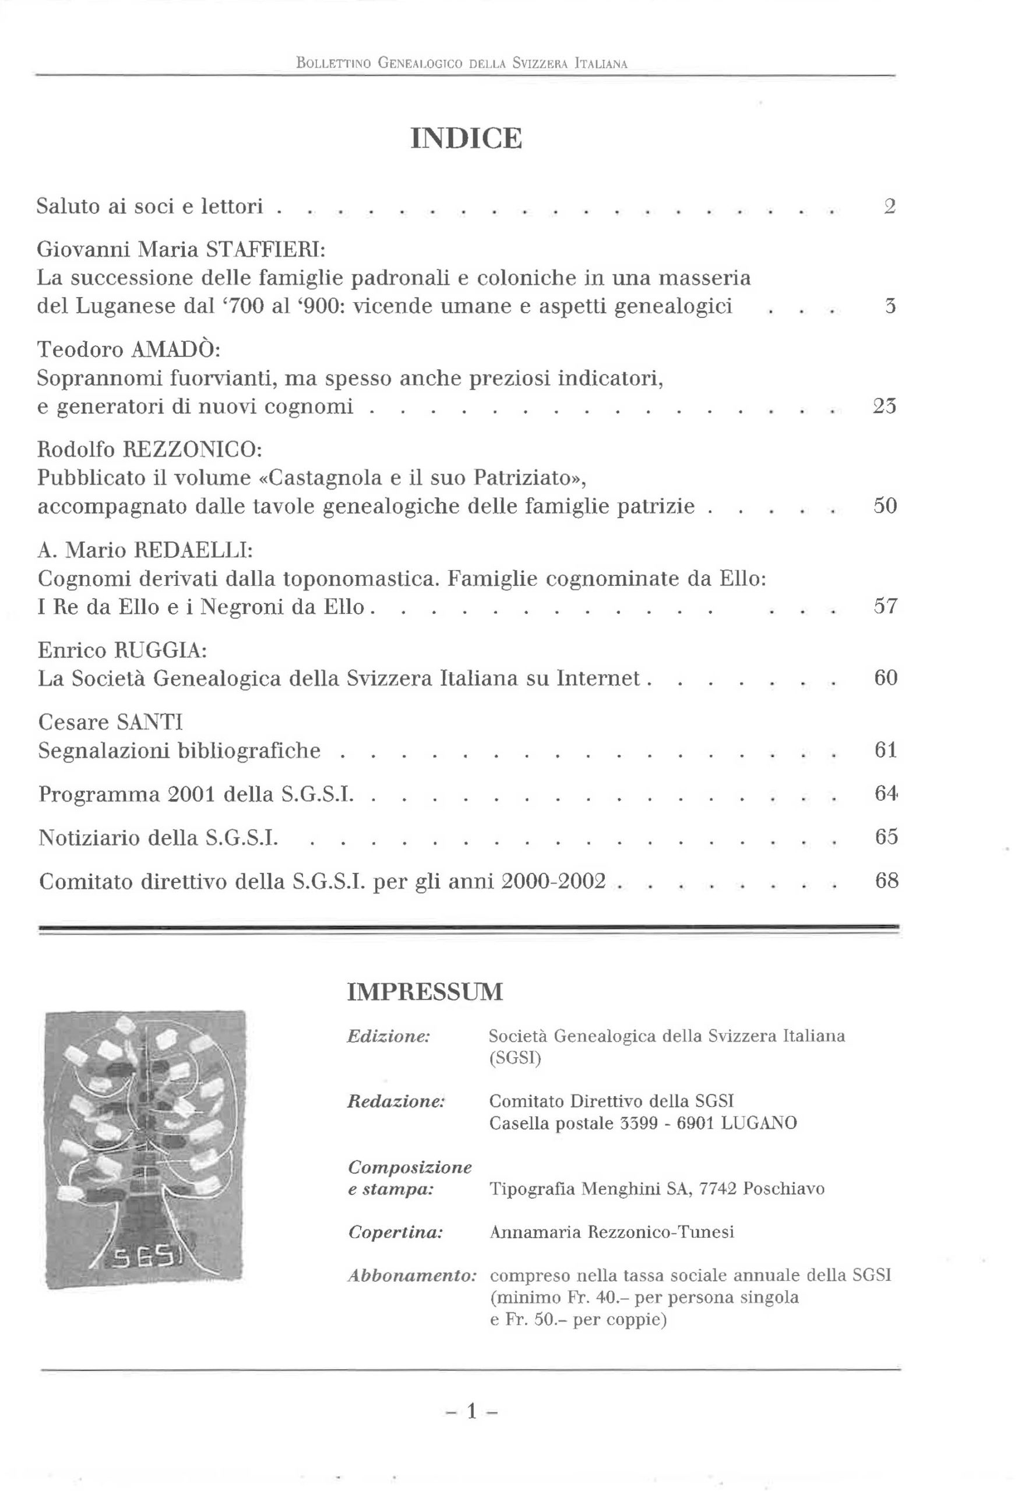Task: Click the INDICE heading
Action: click(x=466, y=139)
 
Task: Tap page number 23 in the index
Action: click(x=885, y=406)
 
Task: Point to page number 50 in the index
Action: click(x=885, y=506)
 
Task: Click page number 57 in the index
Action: click(x=885, y=606)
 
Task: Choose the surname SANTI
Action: click(x=150, y=722)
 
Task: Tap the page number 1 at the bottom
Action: click(x=472, y=1411)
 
